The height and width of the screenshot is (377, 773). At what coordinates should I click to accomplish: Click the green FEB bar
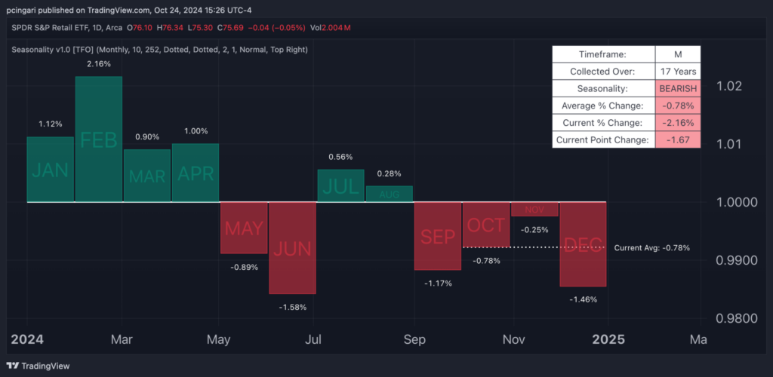tap(98, 139)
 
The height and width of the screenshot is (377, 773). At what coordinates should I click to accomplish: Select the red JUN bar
tap(292, 247)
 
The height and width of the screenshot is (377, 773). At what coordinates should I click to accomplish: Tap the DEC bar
tap(583, 244)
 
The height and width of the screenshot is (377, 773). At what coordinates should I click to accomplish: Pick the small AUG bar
tap(390, 194)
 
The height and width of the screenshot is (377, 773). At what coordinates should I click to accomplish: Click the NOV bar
tap(534, 209)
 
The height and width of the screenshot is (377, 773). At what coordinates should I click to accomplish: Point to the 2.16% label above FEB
tap(98, 64)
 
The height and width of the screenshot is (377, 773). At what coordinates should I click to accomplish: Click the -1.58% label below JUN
tap(293, 307)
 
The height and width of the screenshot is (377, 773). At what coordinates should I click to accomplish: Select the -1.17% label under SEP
tap(438, 284)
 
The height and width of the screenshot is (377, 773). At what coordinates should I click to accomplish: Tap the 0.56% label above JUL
tap(341, 157)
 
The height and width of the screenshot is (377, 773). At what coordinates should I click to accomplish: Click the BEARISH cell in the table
tap(677, 88)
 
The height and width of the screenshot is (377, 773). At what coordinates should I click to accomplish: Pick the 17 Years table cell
tap(677, 72)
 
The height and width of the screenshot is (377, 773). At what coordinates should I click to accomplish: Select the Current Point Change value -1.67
tap(677, 139)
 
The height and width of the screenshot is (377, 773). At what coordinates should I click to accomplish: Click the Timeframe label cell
tap(602, 54)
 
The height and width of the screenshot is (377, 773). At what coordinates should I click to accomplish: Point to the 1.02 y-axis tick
tap(730, 86)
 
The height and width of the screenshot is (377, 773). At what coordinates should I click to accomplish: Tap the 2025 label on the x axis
tap(609, 339)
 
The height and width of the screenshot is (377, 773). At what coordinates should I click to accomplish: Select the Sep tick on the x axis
tap(414, 339)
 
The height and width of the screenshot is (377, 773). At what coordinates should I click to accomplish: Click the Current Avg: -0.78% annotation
tap(651, 247)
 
